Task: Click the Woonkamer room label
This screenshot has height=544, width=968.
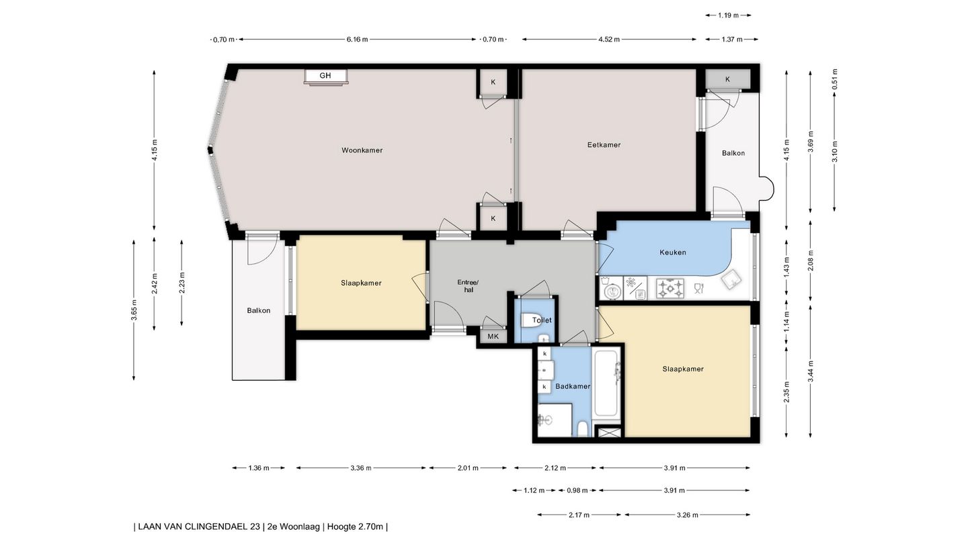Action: click(x=362, y=150)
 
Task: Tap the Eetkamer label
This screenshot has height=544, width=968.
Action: click(x=604, y=145)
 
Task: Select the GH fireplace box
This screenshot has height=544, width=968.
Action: click(x=325, y=77)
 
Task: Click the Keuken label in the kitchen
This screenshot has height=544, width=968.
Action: click(x=672, y=253)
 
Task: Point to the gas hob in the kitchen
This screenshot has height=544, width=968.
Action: click(x=670, y=288)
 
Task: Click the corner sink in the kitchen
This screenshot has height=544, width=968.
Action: click(x=731, y=280)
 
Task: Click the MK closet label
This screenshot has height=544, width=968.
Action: click(x=493, y=336)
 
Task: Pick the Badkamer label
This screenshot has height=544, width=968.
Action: click(x=573, y=386)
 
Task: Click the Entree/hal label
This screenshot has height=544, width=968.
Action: click(x=469, y=286)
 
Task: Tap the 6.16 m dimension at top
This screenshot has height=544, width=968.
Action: click(x=357, y=39)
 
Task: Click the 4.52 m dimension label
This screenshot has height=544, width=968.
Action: click(x=609, y=39)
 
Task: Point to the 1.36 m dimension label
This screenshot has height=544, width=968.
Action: click(x=259, y=467)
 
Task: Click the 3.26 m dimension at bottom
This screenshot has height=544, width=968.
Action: click(x=687, y=514)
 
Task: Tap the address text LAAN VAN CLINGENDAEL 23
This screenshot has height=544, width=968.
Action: click(x=199, y=527)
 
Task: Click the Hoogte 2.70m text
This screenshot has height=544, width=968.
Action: click(x=355, y=527)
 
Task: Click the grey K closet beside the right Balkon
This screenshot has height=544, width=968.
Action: click(x=728, y=79)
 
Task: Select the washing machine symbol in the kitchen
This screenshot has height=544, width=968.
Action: click(x=611, y=288)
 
